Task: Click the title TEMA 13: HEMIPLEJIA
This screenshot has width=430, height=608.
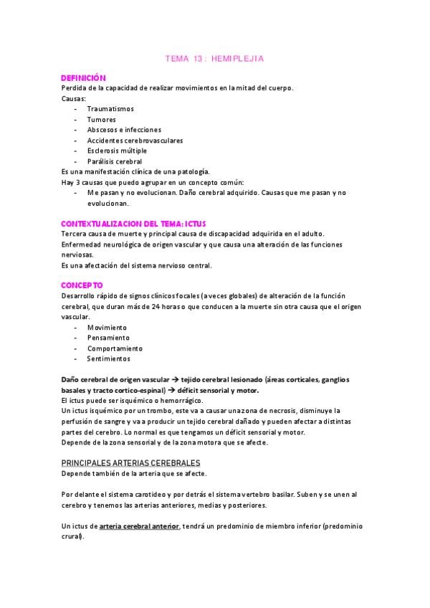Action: pyautogui.click(x=214, y=60)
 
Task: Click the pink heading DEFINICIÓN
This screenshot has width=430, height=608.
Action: pyautogui.click(x=83, y=77)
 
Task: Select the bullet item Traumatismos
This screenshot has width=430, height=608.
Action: pyautogui.click(x=110, y=109)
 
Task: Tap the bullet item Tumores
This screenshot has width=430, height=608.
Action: pyautogui.click(x=101, y=120)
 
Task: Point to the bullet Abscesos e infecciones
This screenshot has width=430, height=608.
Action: pyautogui.click(x=124, y=130)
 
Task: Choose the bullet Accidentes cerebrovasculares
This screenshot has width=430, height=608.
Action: pyautogui.click(x=135, y=141)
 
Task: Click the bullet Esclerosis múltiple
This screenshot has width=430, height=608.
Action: pyautogui.click(x=117, y=151)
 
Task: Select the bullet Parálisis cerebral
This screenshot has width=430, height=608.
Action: pyautogui.click(x=115, y=161)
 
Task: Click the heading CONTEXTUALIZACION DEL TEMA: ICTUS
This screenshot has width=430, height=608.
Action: pyautogui.click(x=134, y=224)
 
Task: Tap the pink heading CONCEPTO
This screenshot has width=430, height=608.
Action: pyautogui.click(x=82, y=285)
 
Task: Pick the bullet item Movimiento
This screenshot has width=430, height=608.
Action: pyautogui.click(x=107, y=328)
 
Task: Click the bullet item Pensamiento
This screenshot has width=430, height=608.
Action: pyautogui.click(x=108, y=338)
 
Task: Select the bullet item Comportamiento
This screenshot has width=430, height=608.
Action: pyautogui.click(x=115, y=348)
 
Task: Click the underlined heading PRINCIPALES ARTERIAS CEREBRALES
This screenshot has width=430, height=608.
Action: pyautogui.click(x=130, y=463)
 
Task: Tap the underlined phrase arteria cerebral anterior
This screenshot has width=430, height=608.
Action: pyautogui.click(x=139, y=526)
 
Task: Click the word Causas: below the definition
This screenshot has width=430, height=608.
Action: pyautogui.click(x=73, y=98)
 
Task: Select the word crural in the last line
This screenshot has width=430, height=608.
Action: pyautogui.click(x=72, y=537)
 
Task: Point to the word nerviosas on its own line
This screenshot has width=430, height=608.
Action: pyautogui.click(x=77, y=255)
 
